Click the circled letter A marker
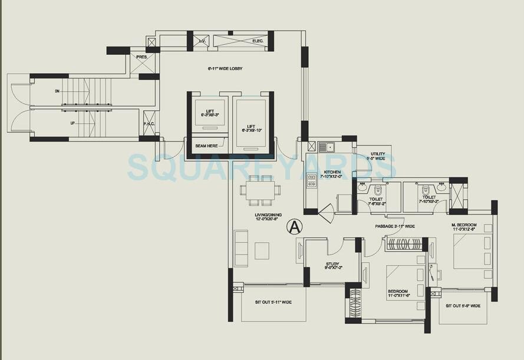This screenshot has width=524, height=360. [295, 226]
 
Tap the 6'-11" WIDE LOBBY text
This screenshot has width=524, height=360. [225, 69]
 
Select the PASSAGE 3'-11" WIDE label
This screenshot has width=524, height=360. [395, 226]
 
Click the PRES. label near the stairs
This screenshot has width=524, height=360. [141, 57]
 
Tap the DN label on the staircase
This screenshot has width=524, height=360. [57, 91]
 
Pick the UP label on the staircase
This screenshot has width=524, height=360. [57, 124]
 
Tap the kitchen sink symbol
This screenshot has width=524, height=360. [326, 147]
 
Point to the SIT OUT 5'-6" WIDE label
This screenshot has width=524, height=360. [463, 306]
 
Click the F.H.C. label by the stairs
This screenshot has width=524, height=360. [149, 124]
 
